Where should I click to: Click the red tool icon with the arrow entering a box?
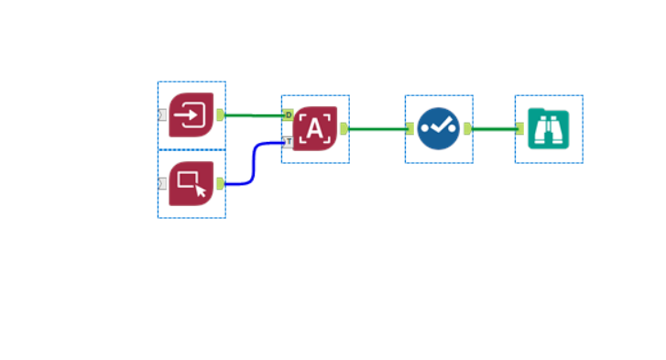[x=191, y=115]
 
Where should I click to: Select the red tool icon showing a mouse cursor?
[x=191, y=183]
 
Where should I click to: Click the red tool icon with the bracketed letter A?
[x=315, y=129]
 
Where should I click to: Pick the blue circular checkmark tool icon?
[x=439, y=129]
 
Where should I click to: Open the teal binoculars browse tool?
[x=548, y=129]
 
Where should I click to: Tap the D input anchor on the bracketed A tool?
[x=289, y=115]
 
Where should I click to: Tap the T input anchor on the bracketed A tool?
[x=289, y=142]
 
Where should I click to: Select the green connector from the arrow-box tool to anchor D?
[x=254, y=115]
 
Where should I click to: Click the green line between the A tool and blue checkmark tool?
[x=376, y=129]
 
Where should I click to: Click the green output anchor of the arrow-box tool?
[x=220, y=115]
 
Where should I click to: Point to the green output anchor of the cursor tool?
[x=220, y=183]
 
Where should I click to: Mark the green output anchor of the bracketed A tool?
[x=344, y=129]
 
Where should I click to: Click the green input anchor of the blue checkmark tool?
[x=410, y=129]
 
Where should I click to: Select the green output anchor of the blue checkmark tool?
[x=467, y=129]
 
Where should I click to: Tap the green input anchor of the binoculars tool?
[x=519, y=129]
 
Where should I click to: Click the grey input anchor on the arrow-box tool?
[x=162, y=115]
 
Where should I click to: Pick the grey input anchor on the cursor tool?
[x=162, y=183]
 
